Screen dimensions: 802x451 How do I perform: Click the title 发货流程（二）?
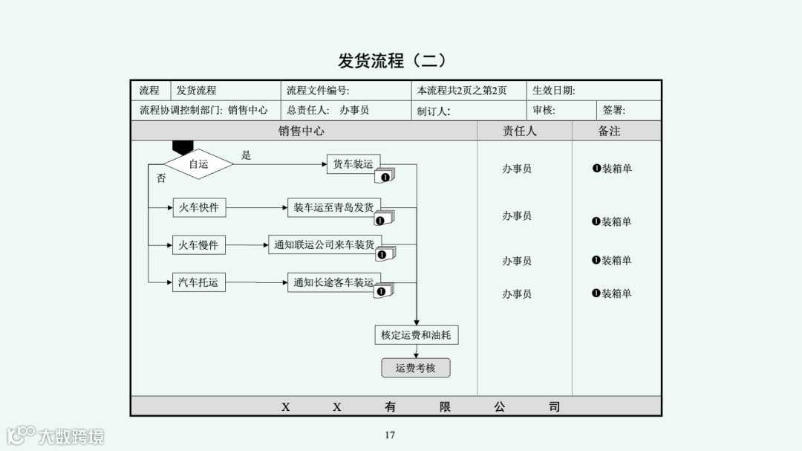(x=393, y=61)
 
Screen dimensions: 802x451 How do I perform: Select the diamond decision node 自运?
(x=198, y=164)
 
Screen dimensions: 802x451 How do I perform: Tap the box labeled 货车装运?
(x=353, y=164)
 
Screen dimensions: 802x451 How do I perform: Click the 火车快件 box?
(x=198, y=207)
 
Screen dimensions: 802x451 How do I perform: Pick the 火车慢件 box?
(x=198, y=245)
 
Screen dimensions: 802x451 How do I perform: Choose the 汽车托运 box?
(x=198, y=282)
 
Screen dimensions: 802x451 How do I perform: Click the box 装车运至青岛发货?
(x=333, y=207)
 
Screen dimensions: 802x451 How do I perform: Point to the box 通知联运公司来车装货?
(x=325, y=244)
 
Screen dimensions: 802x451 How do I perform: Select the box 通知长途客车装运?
(x=333, y=282)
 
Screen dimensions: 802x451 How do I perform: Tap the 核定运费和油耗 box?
(x=416, y=335)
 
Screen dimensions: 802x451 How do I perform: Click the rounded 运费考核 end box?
(x=416, y=368)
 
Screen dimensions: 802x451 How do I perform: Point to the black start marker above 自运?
(x=183, y=147)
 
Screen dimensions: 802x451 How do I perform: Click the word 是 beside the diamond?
(x=247, y=155)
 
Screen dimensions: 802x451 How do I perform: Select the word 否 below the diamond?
(x=161, y=178)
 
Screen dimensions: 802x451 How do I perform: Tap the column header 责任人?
(x=520, y=131)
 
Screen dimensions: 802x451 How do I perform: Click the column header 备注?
(x=609, y=131)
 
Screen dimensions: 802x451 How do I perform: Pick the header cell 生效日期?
(x=554, y=91)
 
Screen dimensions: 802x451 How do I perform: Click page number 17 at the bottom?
(x=390, y=435)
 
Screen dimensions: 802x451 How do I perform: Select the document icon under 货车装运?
(x=385, y=176)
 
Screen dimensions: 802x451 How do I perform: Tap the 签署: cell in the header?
(x=614, y=111)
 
